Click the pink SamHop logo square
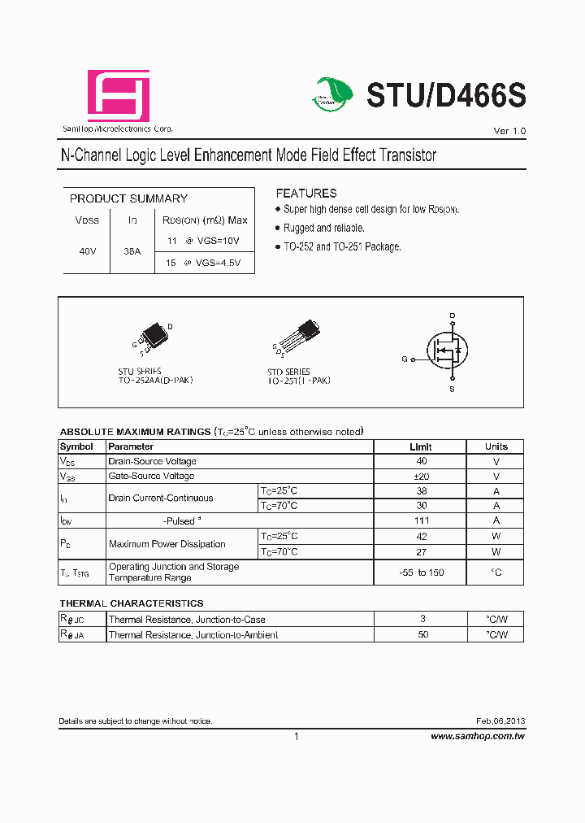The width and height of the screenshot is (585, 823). tap(119, 96)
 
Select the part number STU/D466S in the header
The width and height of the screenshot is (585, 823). tap(446, 96)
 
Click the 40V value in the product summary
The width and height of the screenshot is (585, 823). tap(88, 252)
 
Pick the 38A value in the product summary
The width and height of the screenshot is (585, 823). tap(132, 252)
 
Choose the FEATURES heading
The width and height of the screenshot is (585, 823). tap(305, 194)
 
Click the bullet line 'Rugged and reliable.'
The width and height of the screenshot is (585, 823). tap(324, 229)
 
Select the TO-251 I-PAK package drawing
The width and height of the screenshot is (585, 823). tap(297, 337)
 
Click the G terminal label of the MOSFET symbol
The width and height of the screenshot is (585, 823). tap(405, 359)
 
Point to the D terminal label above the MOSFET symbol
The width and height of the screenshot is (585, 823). tap(453, 316)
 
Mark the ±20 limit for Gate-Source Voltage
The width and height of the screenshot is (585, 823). tap(421, 477)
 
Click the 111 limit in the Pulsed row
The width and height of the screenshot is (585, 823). tap(421, 520)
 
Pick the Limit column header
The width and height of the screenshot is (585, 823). tap(421, 446)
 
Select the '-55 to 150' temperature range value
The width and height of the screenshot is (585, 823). tap(421, 573)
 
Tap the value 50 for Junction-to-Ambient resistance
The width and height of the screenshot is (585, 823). tap(422, 634)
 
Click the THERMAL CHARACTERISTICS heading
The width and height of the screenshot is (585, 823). tap(132, 603)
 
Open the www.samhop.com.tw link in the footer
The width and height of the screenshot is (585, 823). tap(477, 736)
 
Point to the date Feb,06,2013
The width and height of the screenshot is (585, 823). tap(500, 721)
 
